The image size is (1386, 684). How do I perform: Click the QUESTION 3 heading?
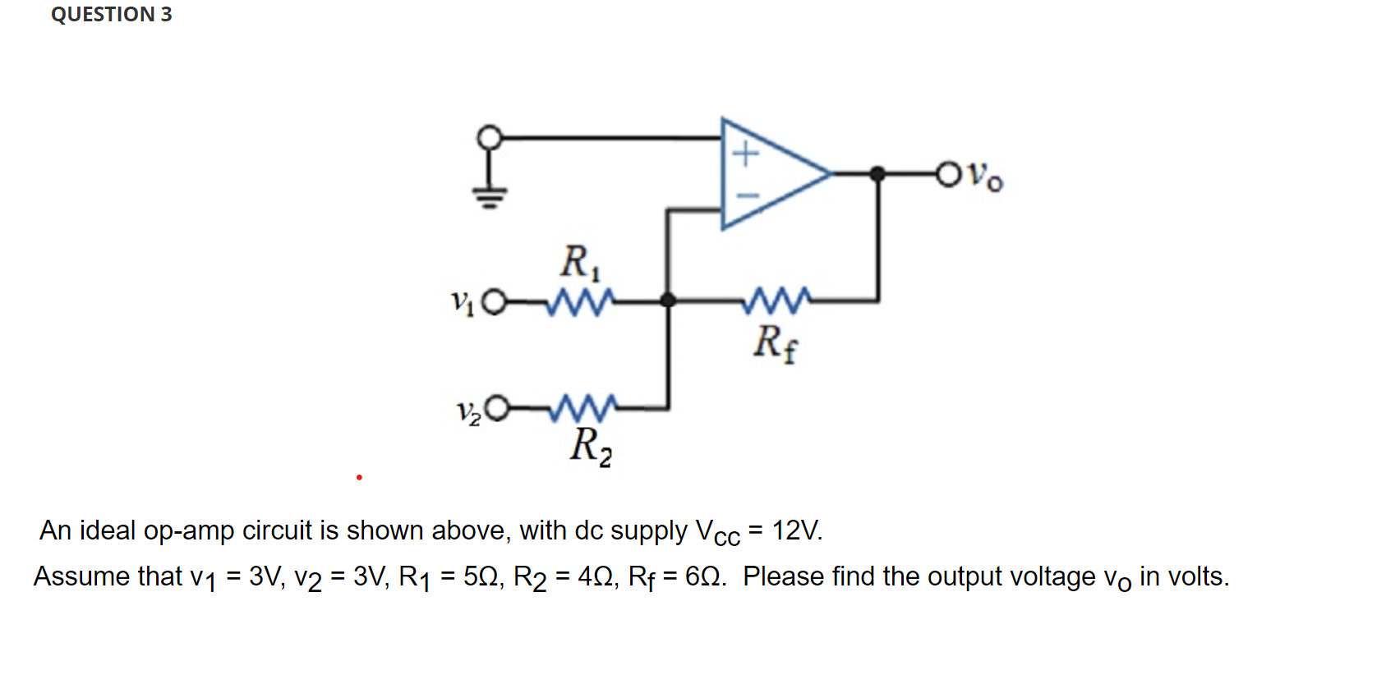112,15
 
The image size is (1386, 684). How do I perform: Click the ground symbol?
489,196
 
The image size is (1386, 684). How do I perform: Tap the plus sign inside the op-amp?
745,154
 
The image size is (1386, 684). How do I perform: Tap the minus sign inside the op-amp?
747,195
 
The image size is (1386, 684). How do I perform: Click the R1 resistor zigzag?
581,301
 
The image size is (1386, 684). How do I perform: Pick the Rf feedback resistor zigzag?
776,301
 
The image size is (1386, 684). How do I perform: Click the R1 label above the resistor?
580,263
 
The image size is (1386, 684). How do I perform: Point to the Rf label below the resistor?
775,342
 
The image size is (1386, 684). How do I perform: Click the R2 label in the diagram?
591,447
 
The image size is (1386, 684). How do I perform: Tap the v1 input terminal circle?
493,302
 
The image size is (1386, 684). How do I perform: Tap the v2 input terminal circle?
497,408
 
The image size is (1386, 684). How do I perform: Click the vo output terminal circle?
948,174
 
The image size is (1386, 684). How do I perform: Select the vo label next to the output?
984,176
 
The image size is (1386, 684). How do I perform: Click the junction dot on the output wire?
877,173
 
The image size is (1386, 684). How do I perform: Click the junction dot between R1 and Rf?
668,301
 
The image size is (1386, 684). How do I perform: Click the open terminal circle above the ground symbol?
490,137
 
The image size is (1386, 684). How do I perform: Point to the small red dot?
359,477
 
